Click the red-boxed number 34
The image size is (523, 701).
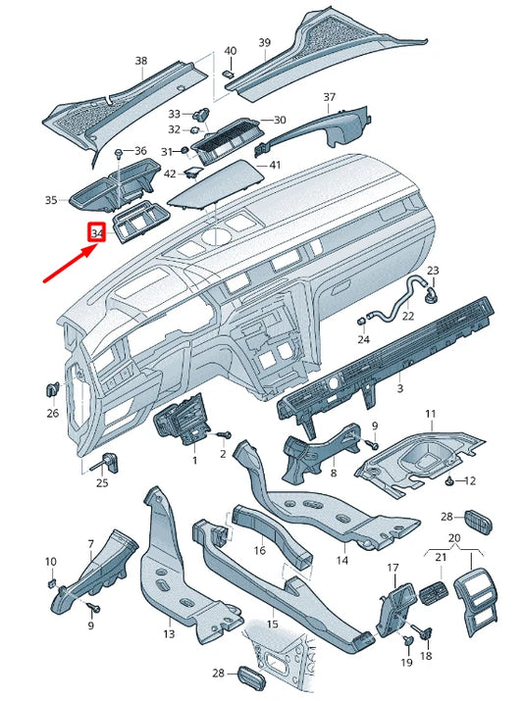(96, 234)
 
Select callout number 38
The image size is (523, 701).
(141, 62)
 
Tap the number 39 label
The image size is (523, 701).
(264, 42)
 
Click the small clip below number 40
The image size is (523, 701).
(228, 70)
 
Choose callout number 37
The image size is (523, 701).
(330, 97)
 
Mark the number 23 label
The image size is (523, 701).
(433, 270)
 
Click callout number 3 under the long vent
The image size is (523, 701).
(399, 390)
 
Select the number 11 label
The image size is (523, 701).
(429, 416)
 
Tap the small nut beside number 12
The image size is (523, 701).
(449, 480)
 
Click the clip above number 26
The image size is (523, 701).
(51, 390)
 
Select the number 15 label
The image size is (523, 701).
(272, 624)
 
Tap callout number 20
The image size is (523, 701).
(453, 538)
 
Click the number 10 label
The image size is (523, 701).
(50, 561)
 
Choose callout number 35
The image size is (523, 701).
(51, 200)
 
